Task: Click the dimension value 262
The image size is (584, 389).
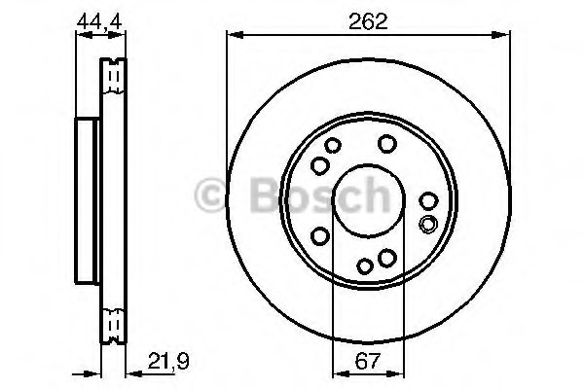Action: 368,21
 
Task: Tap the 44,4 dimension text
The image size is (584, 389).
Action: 99,22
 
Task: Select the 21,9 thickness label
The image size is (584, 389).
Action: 168,361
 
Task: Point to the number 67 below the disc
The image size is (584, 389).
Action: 367,361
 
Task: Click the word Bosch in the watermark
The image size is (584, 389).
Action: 320,195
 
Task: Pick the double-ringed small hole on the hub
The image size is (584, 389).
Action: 428,224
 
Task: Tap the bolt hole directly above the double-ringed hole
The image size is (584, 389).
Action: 428,201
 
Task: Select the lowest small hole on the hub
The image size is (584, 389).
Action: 365,266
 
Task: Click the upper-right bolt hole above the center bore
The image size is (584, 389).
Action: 387,144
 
